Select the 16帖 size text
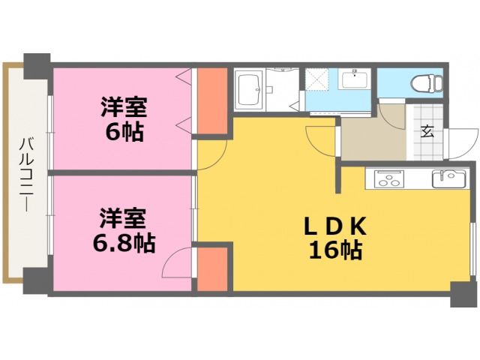[335, 250]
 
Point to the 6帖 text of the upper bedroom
[124, 132]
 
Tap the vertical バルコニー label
[25, 172]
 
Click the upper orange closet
[211, 103]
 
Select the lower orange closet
[211, 269]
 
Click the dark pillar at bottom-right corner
[461, 293]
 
